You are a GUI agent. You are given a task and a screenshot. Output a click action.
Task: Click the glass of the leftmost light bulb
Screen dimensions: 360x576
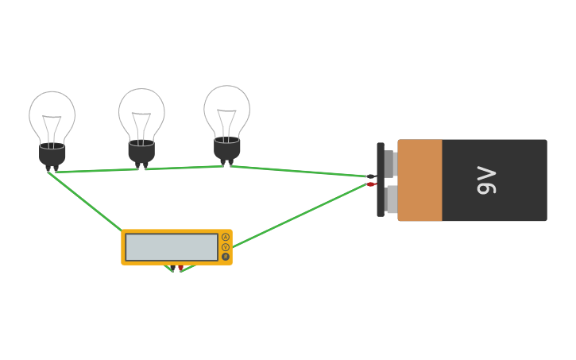tap(52, 118)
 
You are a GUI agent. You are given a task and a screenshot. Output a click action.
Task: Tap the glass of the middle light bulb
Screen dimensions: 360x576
tap(141, 114)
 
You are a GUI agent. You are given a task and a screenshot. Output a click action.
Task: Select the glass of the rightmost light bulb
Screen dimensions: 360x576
tap(226, 110)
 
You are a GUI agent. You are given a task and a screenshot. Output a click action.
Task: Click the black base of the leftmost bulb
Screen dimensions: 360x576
tap(52, 155)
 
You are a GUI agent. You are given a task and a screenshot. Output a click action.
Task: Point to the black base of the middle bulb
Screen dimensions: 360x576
tap(141, 152)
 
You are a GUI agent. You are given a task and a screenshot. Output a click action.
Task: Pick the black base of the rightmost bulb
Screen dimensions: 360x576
tap(226, 149)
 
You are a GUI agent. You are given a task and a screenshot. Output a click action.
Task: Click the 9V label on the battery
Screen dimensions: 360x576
tap(486, 180)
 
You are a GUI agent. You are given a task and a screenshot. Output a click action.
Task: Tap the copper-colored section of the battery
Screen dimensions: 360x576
tap(419, 180)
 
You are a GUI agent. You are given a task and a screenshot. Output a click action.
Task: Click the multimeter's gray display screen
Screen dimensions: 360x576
tap(171, 247)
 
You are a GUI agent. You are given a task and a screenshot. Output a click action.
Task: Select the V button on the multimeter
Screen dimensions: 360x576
tap(226, 247)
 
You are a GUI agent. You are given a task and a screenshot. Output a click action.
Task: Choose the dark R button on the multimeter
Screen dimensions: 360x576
tap(226, 257)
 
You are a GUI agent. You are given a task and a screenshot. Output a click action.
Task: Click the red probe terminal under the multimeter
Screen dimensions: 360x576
tap(180, 268)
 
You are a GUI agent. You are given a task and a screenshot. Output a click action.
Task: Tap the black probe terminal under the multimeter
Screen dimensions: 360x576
tap(171, 269)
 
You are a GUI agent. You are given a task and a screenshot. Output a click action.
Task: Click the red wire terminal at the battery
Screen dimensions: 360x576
tap(370, 184)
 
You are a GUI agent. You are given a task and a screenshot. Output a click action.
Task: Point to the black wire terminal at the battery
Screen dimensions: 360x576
tap(370, 176)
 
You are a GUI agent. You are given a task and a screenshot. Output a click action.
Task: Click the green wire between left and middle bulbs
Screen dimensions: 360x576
tap(95, 170)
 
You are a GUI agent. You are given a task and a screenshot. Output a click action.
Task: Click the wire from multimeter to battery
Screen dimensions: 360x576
tap(294, 218)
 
